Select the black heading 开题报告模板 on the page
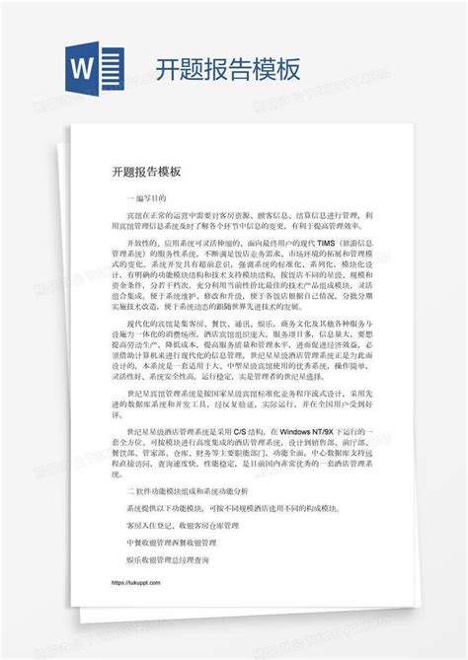pyautogui.click(x=146, y=171)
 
